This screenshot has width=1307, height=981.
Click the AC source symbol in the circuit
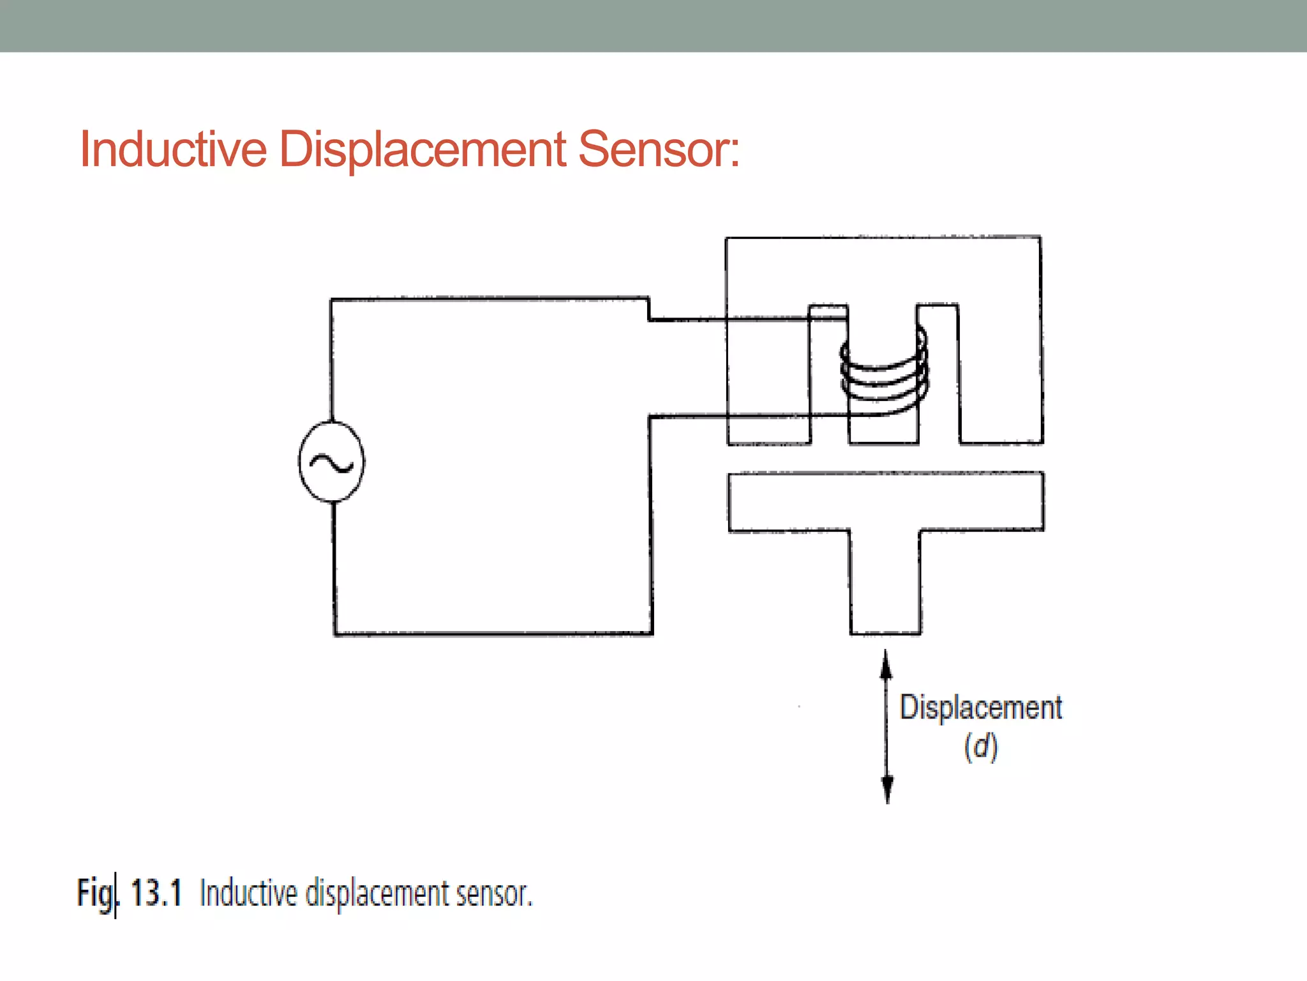tap(332, 462)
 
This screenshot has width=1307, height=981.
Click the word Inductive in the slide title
tap(173, 149)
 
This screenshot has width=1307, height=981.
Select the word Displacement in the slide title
tap(422, 149)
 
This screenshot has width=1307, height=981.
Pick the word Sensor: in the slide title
tap(659, 149)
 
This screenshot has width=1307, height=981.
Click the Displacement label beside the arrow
tap(981, 708)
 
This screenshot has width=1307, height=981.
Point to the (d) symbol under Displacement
tap(981, 747)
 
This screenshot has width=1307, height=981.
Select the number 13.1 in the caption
tap(156, 893)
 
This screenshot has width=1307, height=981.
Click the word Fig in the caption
tap(96, 894)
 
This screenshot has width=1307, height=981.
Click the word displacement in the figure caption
tap(377, 894)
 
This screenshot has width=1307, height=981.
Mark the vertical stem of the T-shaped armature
tap(885, 581)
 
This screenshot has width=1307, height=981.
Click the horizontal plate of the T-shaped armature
tap(886, 501)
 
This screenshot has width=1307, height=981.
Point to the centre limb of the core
tap(884, 428)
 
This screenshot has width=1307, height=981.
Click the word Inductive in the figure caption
tap(249, 893)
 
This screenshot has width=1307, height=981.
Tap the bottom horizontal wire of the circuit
tap(493, 634)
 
